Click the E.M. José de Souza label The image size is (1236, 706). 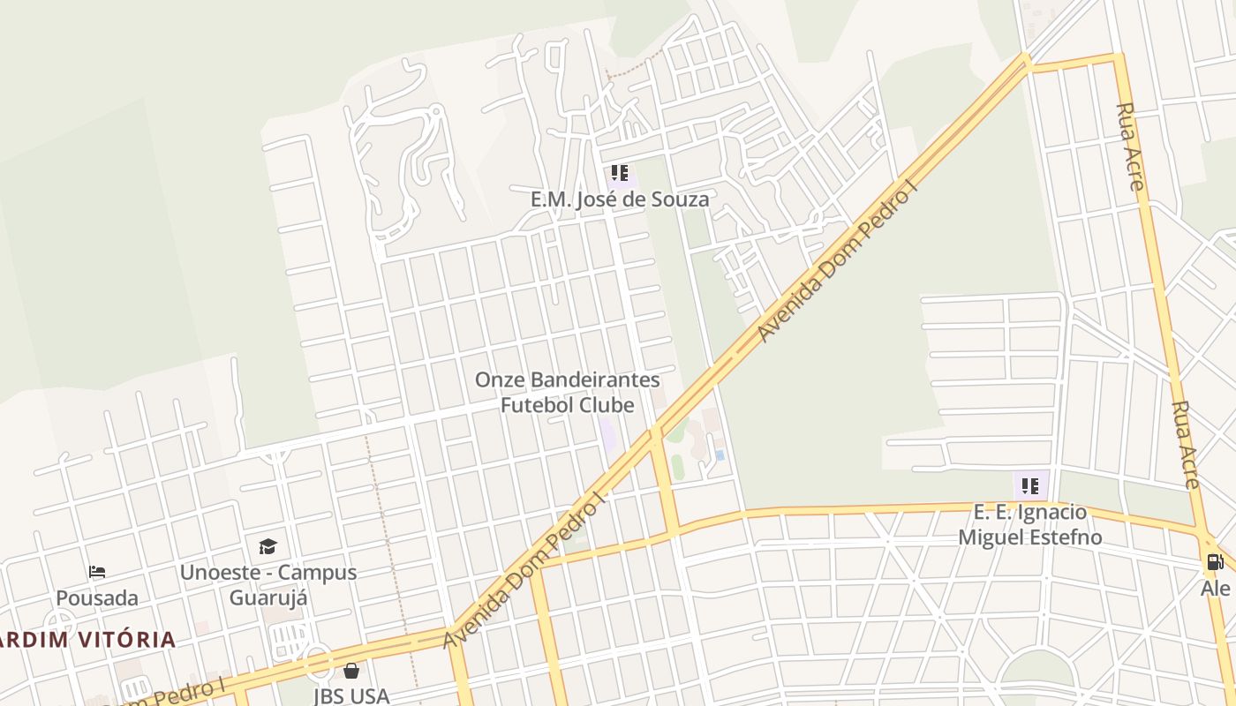pos(619,199)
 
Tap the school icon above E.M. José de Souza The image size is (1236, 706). pos(620,173)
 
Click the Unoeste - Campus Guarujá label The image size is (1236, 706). pos(268,584)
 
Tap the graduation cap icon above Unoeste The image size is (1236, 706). pos(268,546)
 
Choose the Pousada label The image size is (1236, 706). pos(97,598)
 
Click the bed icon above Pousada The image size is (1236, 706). pos(97,573)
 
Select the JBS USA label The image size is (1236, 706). pos(351,695)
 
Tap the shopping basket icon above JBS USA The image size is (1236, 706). pos(351,671)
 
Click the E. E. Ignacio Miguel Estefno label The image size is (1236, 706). pos(1030,524)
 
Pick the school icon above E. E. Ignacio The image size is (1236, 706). pos(1030,484)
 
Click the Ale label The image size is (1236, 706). pos(1215,588)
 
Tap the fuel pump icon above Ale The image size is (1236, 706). pos(1215,562)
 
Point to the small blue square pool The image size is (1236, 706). pos(720,455)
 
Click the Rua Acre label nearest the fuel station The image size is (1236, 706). pos(1186,445)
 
